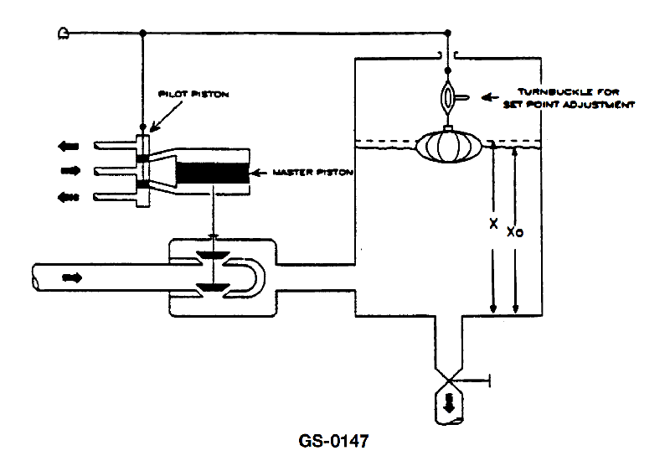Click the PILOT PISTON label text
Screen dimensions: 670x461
(193, 94)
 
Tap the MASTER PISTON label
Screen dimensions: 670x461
(312, 173)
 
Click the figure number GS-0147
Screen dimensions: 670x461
(333, 441)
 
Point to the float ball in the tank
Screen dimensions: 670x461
(449, 146)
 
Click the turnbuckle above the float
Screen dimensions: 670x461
(447, 97)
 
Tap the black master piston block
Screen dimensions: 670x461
(213, 173)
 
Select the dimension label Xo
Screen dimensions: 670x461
(515, 232)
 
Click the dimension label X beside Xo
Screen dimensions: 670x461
(493, 223)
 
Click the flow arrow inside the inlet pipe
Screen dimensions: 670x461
(71, 278)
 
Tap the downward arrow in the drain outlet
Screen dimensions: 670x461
(449, 403)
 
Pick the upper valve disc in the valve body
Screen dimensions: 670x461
(213, 256)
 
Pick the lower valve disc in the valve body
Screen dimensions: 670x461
(213, 287)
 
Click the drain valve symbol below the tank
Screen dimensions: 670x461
(449, 380)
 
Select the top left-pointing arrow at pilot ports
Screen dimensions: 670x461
(69, 147)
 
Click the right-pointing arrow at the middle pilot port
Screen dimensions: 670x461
(70, 171)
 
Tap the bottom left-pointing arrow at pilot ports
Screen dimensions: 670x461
(69, 197)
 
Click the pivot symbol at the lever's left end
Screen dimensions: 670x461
(64, 34)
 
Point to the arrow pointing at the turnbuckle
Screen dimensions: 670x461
(490, 97)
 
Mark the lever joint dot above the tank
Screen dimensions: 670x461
(448, 33)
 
